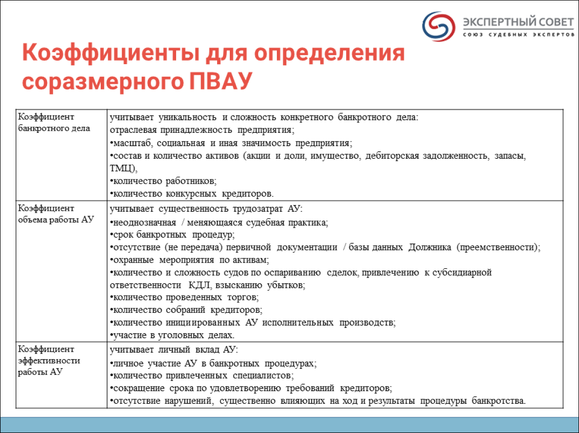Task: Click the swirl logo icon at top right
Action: pos(439,26)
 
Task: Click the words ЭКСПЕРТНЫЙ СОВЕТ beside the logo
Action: pos(518,22)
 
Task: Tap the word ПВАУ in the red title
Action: pos(221,81)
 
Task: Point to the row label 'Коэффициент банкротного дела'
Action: pos(54,122)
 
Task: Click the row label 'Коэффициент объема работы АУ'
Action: pos(56,214)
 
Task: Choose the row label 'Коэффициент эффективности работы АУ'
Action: pos(49,360)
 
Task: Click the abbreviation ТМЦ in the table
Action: pos(123,168)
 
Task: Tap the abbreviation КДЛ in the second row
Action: pos(199,285)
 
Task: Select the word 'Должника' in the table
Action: pos(430,247)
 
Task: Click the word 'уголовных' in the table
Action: pos(181,335)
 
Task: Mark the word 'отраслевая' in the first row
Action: pos(133,130)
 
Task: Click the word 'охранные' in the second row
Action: pos(133,260)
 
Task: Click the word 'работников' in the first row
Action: pos(191,181)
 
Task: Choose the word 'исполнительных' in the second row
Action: pos(298,323)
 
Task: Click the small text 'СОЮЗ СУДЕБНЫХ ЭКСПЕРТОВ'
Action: pos(519,35)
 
